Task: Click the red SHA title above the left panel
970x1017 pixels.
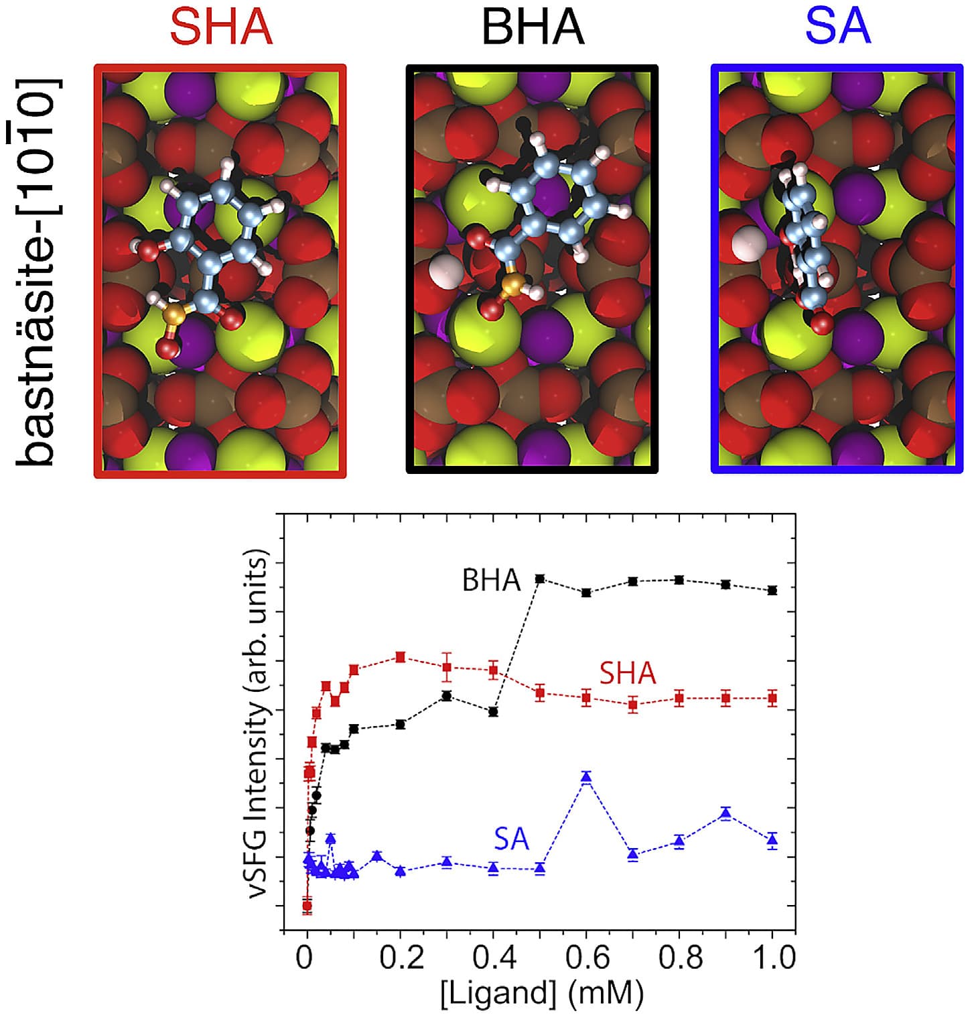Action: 221,27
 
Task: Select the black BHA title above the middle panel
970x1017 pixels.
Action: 533,27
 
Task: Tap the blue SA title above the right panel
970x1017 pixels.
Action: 837,27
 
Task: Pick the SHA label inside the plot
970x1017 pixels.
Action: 627,673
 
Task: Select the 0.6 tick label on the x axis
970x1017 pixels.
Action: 586,957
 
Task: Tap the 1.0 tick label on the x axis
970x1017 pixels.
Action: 772,957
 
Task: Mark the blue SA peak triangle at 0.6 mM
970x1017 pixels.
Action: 586,777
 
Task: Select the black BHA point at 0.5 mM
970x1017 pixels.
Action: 540,579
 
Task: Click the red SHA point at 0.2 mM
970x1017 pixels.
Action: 401,657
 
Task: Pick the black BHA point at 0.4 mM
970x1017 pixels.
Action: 494,712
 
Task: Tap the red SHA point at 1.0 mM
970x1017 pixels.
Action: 772,698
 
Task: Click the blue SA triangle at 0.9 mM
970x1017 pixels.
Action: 725,814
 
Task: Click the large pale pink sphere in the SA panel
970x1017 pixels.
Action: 745,243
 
